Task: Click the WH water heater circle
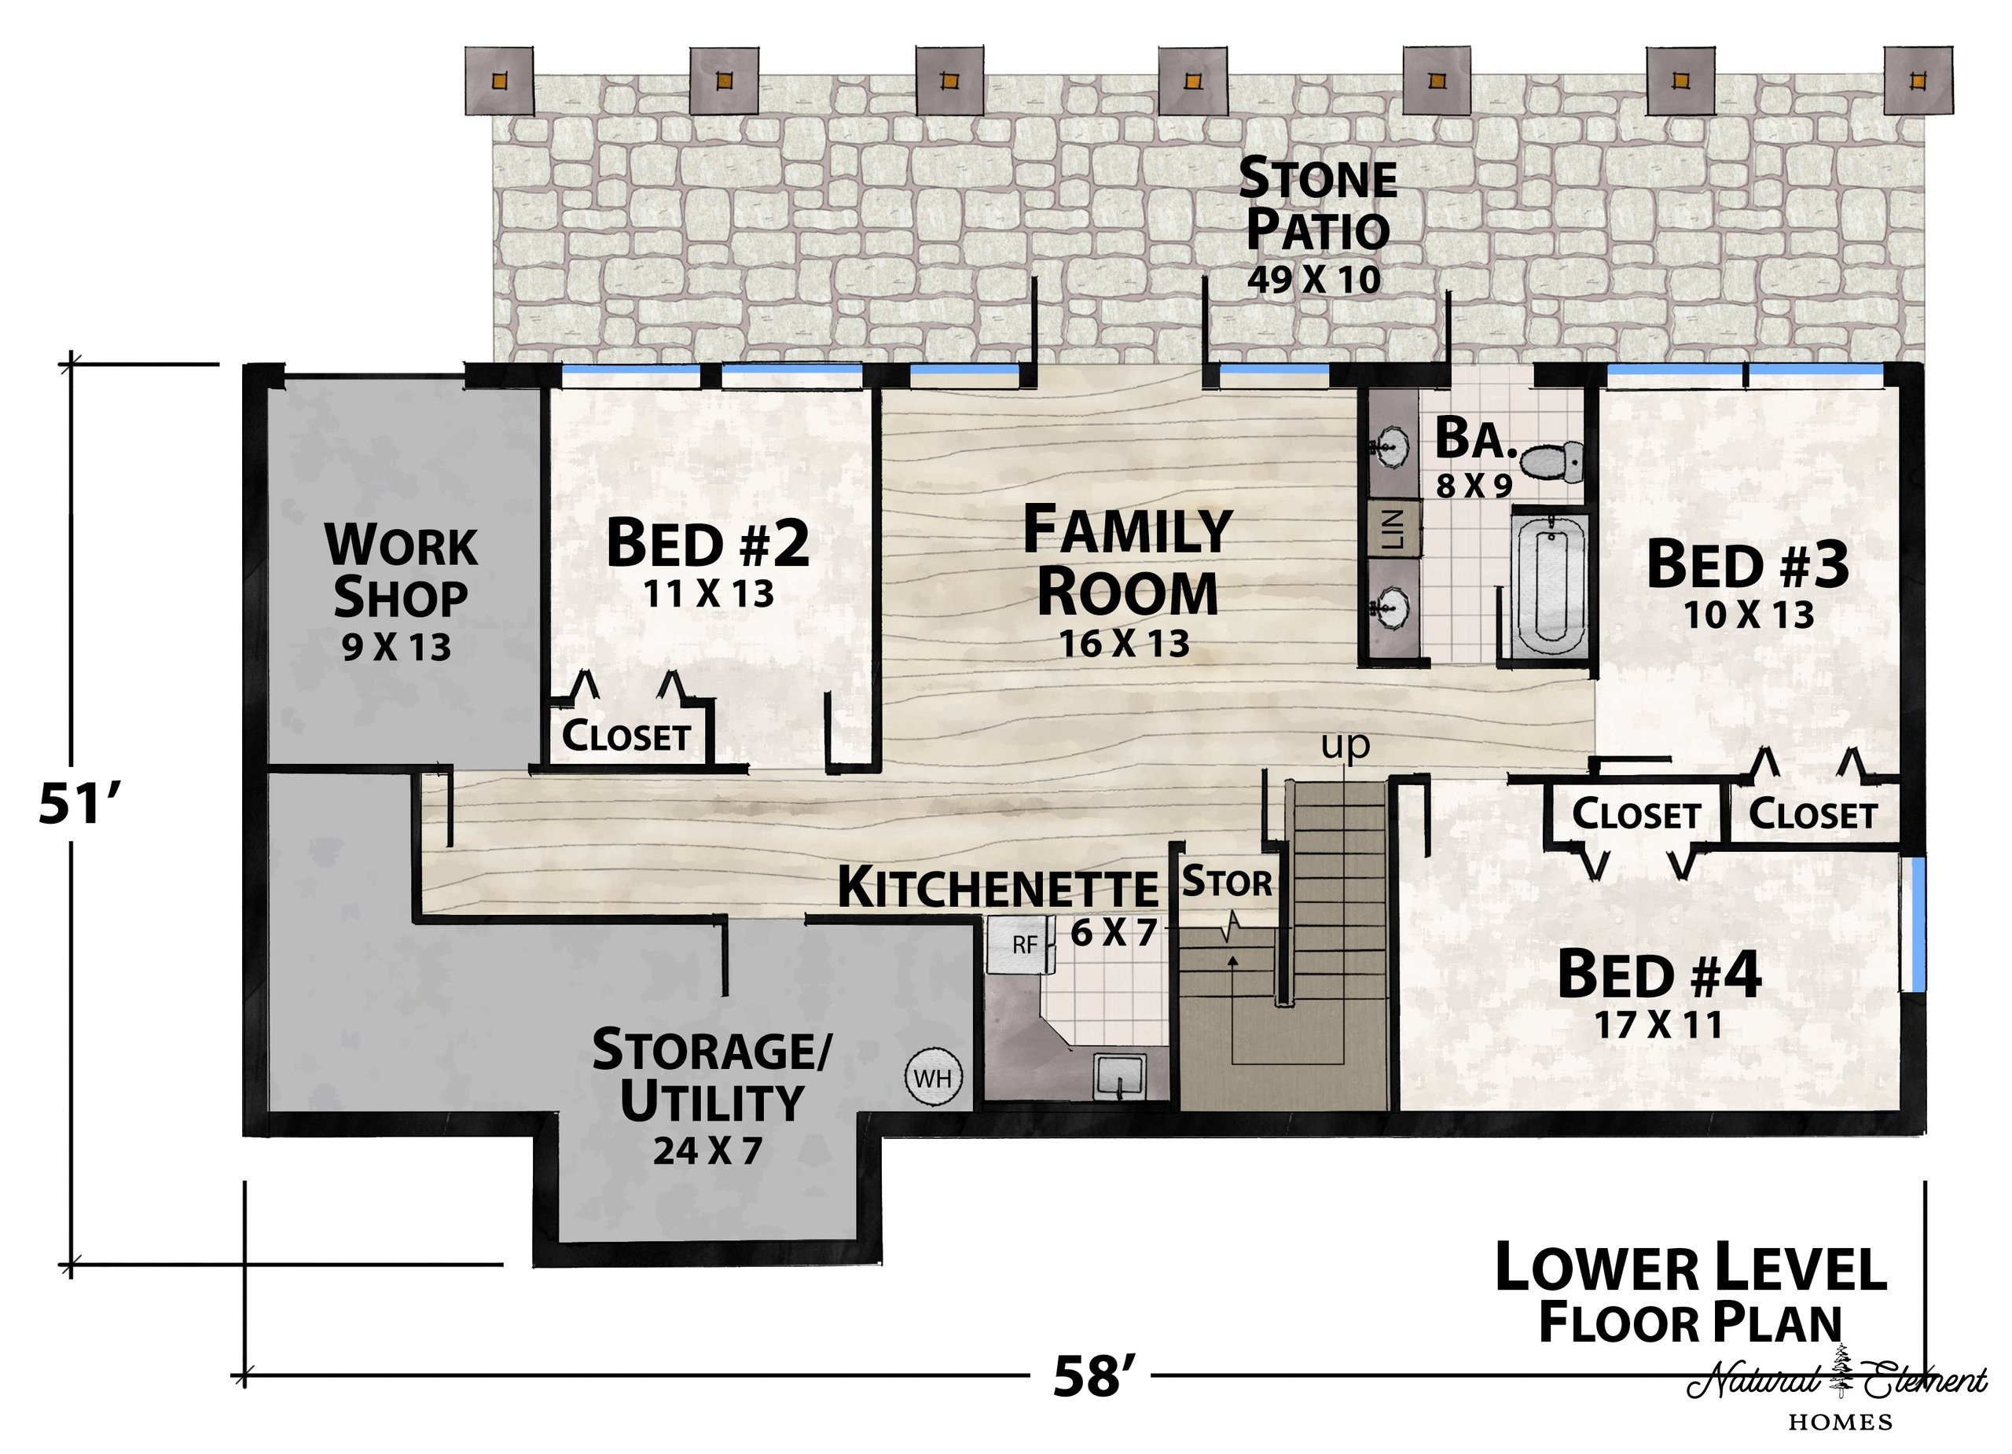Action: pos(932,1078)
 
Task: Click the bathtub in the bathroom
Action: pos(1548,584)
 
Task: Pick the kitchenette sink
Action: pos(1118,1075)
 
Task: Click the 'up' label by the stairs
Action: pos(1346,746)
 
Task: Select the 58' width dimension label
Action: pos(1094,1376)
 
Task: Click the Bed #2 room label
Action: pos(708,543)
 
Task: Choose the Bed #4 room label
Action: pos(1659,974)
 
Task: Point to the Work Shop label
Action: pos(401,571)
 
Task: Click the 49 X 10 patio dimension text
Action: pos(1314,280)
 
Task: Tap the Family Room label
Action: pos(1128,560)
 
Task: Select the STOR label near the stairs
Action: pos(1227,883)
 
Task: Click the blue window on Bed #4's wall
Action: pos(1918,923)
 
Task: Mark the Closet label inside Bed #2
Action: pos(626,736)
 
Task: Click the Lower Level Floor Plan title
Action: pos(1691,1294)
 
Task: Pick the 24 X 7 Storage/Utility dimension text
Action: pos(708,1151)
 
